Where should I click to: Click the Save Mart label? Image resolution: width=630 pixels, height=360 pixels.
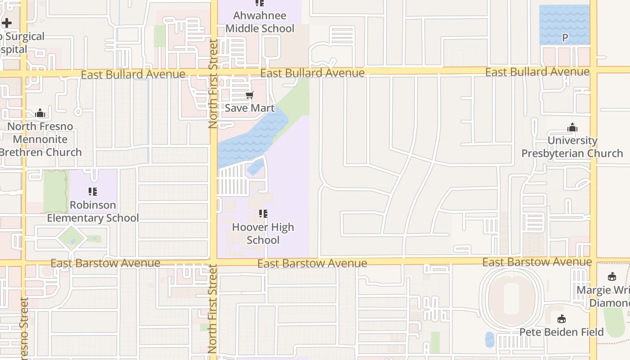coord(249,108)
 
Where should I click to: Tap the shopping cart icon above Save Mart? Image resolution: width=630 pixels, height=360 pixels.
coord(249,95)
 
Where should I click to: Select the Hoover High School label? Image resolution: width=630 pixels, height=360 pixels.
coord(263,234)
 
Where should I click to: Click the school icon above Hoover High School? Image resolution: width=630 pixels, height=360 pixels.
coord(263,214)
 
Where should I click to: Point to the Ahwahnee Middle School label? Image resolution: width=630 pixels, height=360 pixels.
coord(260,22)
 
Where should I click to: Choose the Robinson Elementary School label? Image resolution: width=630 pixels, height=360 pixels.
coord(93,211)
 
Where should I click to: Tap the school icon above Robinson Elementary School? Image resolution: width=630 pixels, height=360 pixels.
coord(93,192)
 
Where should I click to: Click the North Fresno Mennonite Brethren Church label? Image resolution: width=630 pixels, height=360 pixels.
coord(40,139)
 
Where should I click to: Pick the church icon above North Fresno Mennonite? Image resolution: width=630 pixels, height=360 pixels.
coord(40,113)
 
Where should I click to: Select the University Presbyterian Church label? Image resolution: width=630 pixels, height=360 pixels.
coord(572,147)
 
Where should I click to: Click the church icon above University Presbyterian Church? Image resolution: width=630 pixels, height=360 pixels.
coord(572,128)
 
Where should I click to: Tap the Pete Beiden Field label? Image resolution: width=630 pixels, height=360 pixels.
coord(562,332)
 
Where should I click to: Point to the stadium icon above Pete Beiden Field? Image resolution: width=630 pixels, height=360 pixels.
coord(561,319)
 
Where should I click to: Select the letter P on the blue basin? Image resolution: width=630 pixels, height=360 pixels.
coord(565,38)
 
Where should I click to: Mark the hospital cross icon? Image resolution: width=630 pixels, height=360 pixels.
coord(7,22)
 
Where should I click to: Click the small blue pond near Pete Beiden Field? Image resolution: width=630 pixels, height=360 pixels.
coord(490,339)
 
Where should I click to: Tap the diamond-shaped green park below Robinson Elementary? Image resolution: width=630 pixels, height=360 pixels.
coord(72,238)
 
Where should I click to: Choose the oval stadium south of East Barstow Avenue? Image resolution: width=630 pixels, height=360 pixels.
coord(511,297)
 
